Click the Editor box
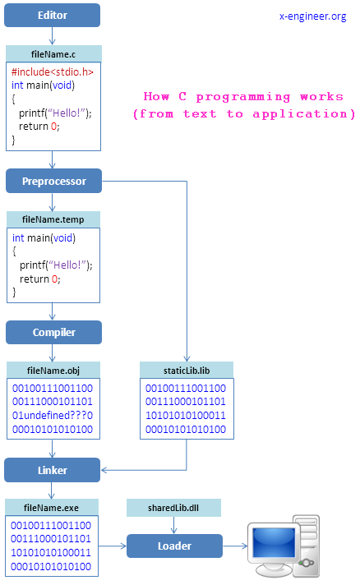[53, 15]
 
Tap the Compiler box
[53, 332]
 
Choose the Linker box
[53, 470]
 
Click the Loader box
[174, 546]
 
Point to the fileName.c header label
[53, 53]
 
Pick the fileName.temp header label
[53, 219]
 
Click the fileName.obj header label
[53, 370]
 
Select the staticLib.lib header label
[187, 370]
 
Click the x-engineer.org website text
[313, 16]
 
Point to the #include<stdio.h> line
[52, 72]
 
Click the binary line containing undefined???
[52, 416]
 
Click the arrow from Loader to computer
[235, 546]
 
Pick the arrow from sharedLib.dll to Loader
[174, 526]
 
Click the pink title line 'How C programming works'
[243, 96]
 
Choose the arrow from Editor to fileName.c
[53, 36]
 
